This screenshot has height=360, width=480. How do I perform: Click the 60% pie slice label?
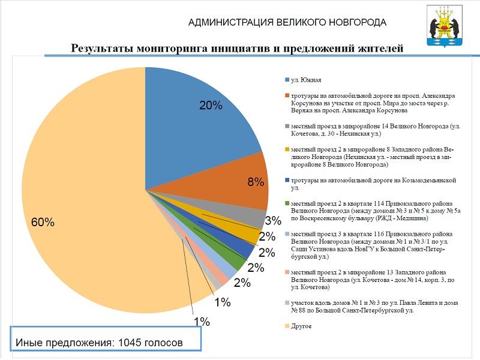coord(43,223)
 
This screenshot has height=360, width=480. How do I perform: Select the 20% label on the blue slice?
coord(211,106)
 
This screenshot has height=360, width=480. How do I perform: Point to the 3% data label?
coord(274,221)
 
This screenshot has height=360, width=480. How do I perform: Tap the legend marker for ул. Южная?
coord(286,80)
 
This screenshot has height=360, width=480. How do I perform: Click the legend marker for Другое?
coord(286,326)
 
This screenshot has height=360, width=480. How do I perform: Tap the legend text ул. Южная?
coord(306,80)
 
